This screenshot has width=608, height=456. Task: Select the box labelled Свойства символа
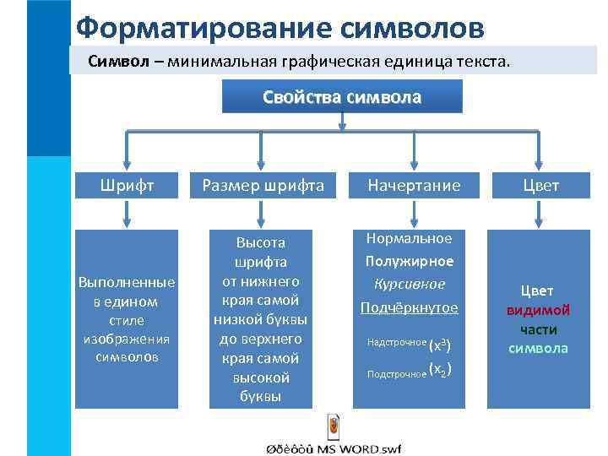341,97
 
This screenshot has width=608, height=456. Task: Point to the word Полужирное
410,261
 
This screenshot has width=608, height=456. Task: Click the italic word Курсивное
410,284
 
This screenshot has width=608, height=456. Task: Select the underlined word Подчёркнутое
410,307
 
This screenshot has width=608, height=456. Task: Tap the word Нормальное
410,239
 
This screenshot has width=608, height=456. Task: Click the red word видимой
538,310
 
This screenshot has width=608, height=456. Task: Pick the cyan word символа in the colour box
538,348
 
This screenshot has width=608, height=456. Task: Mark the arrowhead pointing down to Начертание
413,166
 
